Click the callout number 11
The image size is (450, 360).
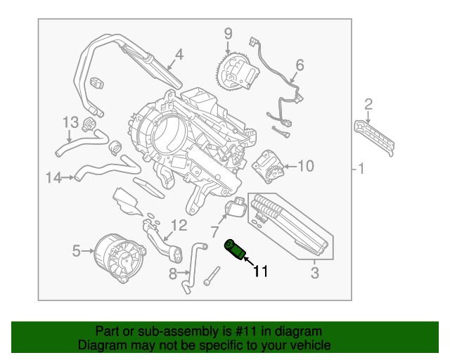click(261, 270)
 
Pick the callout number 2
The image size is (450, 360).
click(368, 105)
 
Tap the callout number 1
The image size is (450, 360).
click(361, 169)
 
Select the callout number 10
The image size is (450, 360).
click(305, 166)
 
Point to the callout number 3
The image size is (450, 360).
click(315, 272)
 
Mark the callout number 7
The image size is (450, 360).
click(214, 231)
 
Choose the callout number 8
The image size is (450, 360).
click(173, 274)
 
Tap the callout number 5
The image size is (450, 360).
click(77, 249)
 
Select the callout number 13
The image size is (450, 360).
click(72, 122)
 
